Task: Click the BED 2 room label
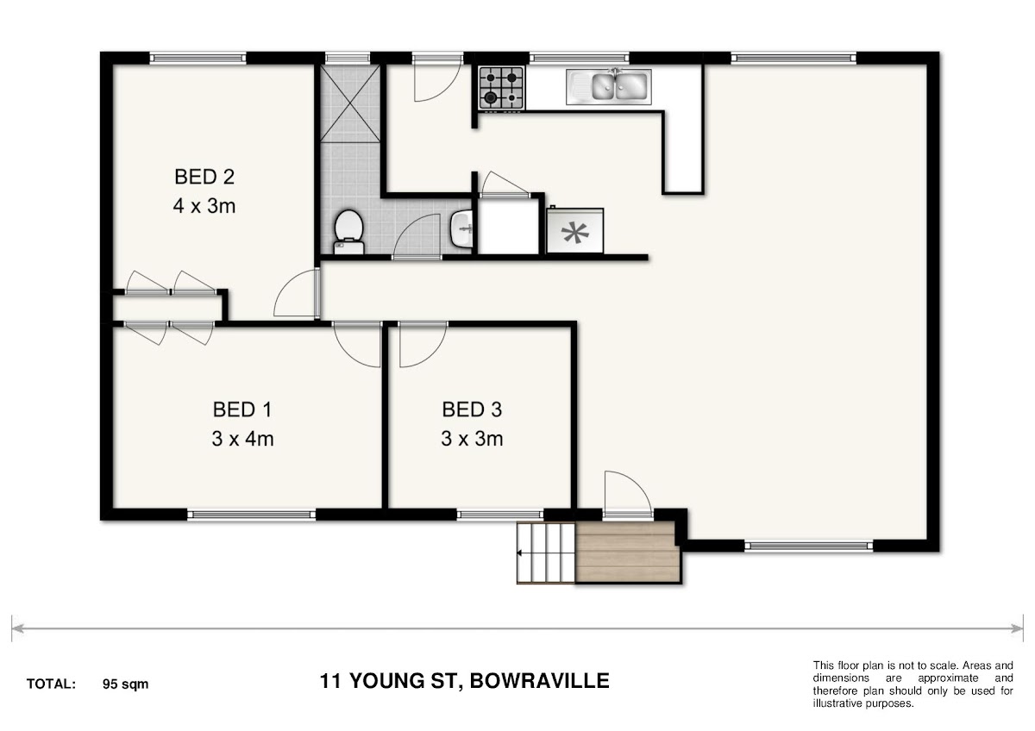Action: pos(204,177)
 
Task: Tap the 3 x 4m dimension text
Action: pos(242,439)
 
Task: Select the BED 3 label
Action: pos(472,409)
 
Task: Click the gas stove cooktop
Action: pos(501,88)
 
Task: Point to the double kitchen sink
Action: pos(609,87)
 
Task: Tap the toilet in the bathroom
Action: pos(348,232)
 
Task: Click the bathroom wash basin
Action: pos(461,228)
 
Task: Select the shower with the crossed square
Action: pos(350,103)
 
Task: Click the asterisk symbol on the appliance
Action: pos(575,232)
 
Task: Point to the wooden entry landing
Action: pos(629,553)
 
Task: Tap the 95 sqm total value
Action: pos(126,684)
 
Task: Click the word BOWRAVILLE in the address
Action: pos(539,681)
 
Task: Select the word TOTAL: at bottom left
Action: pos(51,684)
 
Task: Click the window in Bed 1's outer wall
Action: pos(252,515)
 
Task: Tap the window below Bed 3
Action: pos(500,515)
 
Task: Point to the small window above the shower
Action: pos(348,58)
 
